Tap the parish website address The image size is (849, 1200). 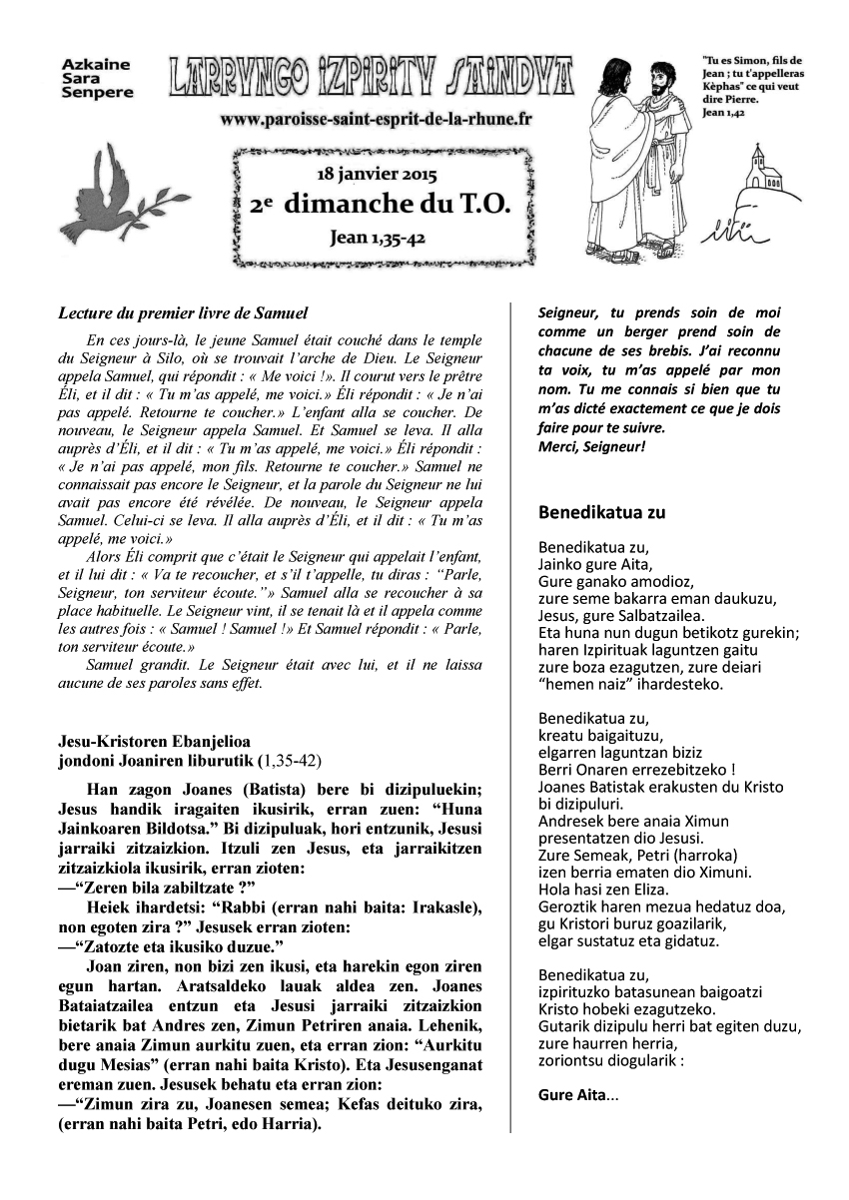click(377, 119)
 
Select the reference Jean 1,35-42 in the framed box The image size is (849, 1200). click(377, 239)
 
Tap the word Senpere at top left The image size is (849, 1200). click(96, 93)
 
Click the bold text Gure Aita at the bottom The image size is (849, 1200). click(572, 1094)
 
